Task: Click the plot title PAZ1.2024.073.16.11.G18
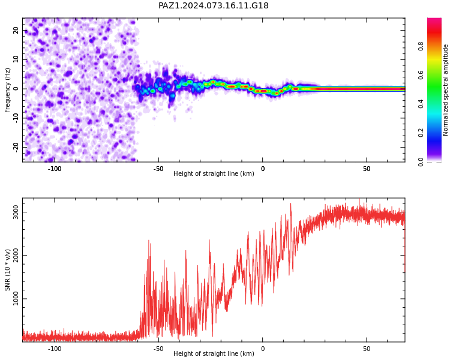214,5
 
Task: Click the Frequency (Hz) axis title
7,90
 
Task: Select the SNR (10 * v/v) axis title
7,269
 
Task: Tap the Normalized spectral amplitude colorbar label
445,90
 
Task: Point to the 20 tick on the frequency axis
16,30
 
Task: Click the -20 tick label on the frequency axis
16,148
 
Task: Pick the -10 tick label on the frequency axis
16,118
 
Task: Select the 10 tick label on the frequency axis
16,59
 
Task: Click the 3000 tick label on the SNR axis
16,212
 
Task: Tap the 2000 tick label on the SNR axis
16,256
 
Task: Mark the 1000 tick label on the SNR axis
16,299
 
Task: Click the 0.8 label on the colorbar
421,46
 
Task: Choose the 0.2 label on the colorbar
421,133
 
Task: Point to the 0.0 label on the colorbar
421,162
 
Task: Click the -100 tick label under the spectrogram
54,169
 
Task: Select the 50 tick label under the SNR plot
367,349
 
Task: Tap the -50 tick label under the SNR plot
158,349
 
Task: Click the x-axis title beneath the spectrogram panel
214,173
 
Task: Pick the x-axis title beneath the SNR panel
214,353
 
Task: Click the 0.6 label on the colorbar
421,75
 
